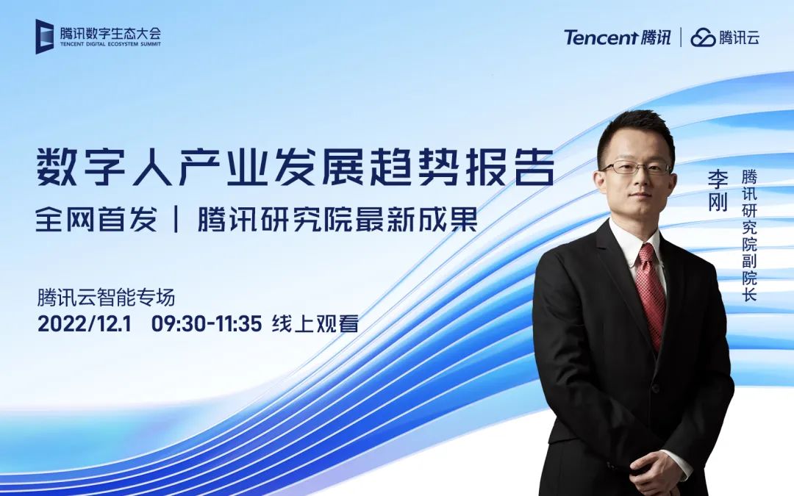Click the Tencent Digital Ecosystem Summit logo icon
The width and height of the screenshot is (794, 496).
coord(45,36)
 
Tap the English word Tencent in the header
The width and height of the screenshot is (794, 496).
coord(600,37)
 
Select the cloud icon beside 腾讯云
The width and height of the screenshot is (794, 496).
coord(703,37)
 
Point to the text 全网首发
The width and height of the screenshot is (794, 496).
coord(96,220)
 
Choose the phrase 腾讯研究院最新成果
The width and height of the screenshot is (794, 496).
coord(337,220)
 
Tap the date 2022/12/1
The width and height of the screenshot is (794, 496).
coord(84,323)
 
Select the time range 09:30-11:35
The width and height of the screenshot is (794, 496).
coord(207,323)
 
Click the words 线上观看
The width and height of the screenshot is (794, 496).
coord(315,323)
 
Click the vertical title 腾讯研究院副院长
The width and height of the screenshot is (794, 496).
coord(749,235)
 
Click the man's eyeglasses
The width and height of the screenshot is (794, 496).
coord(636,168)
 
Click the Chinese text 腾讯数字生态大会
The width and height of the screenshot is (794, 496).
coord(110,32)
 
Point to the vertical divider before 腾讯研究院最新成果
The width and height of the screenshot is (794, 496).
coord(177,220)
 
